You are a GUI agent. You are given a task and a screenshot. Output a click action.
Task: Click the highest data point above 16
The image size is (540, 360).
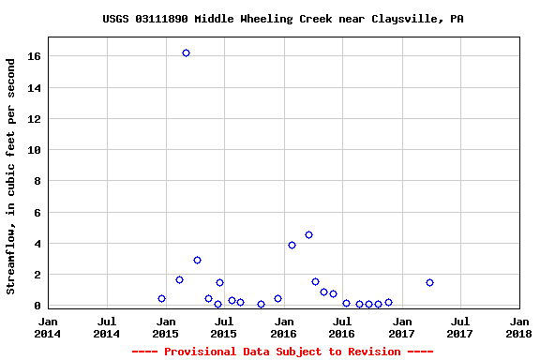pos(186,52)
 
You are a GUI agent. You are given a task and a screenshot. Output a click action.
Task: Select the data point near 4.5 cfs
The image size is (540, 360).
pos(308,234)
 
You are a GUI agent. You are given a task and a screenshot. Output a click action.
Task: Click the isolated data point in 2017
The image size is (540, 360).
pos(429,282)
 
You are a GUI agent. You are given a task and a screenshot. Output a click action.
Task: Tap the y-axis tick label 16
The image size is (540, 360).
pos(35,56)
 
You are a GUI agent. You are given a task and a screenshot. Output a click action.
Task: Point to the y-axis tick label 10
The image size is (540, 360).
pos(35,150)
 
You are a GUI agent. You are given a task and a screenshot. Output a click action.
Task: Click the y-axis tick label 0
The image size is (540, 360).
pos(38,306)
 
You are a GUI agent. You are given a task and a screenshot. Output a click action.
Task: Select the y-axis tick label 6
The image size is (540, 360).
pos(38,213)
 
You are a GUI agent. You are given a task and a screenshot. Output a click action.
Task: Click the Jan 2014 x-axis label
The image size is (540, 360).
pos(48,326)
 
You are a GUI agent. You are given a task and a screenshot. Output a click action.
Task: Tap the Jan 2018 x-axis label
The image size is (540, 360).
pos(518,326)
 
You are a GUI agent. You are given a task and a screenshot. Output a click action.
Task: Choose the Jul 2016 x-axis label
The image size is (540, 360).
pos(341,326)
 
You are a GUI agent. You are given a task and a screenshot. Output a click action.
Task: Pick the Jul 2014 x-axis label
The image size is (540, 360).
pos(107,326)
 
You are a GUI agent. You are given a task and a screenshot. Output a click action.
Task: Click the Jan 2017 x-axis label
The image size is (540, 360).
pos(400,326)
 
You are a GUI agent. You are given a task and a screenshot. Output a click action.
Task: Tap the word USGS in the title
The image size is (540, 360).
pos(116,19)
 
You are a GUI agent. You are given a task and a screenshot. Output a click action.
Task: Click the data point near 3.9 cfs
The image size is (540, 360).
pos(292,245)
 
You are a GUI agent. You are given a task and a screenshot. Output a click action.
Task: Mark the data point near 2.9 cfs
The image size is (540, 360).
pos(197,260)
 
